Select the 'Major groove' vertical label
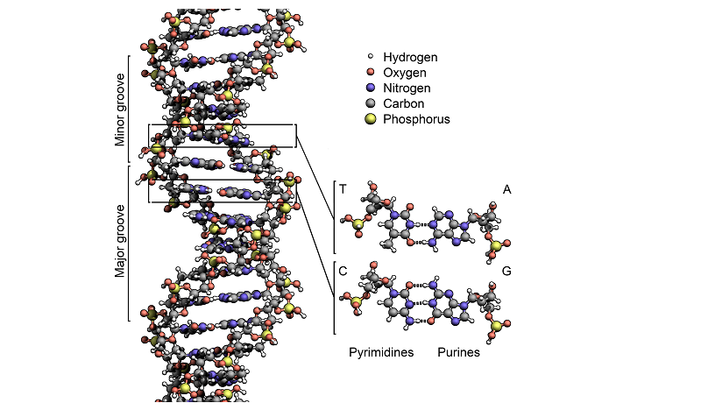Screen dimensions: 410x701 click(x=121, y=241)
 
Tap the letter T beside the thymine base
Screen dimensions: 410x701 click(x=343, y=189)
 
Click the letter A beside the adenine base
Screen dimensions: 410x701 click(x=506, y=189)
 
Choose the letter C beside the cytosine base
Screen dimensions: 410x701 click(x=343, y=271)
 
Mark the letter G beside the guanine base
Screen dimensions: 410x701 click(x=506, y=271)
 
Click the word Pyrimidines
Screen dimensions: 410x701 click(x=382, y=353)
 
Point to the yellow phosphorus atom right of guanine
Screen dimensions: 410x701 click(x=498, y=327)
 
